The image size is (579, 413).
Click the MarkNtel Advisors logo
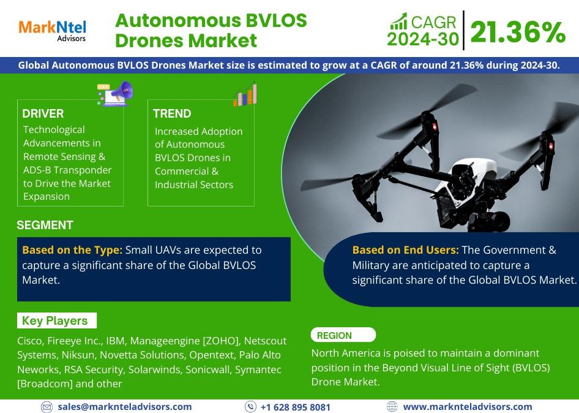point(52,31)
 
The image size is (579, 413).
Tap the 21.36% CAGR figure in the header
point(518,32)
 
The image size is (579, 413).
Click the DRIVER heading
point(43,113)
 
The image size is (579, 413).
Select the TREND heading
point(172,113)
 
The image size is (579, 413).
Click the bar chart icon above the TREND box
point(245,94)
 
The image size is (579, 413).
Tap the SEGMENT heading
point(45,225)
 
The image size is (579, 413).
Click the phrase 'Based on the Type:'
point(72,251)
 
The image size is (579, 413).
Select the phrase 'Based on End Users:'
point(405,251)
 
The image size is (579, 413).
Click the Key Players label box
point(57,320)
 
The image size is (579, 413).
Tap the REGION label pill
point(343,335)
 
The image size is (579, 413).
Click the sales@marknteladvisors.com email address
point(124,407)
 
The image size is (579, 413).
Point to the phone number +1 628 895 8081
point(296,407)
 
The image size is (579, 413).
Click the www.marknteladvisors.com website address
point(468,407)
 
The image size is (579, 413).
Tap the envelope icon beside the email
point(47,407)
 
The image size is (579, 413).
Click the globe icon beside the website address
point(392,407)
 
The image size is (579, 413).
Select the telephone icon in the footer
point(250,407)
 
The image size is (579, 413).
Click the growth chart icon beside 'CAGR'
point(399,21)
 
